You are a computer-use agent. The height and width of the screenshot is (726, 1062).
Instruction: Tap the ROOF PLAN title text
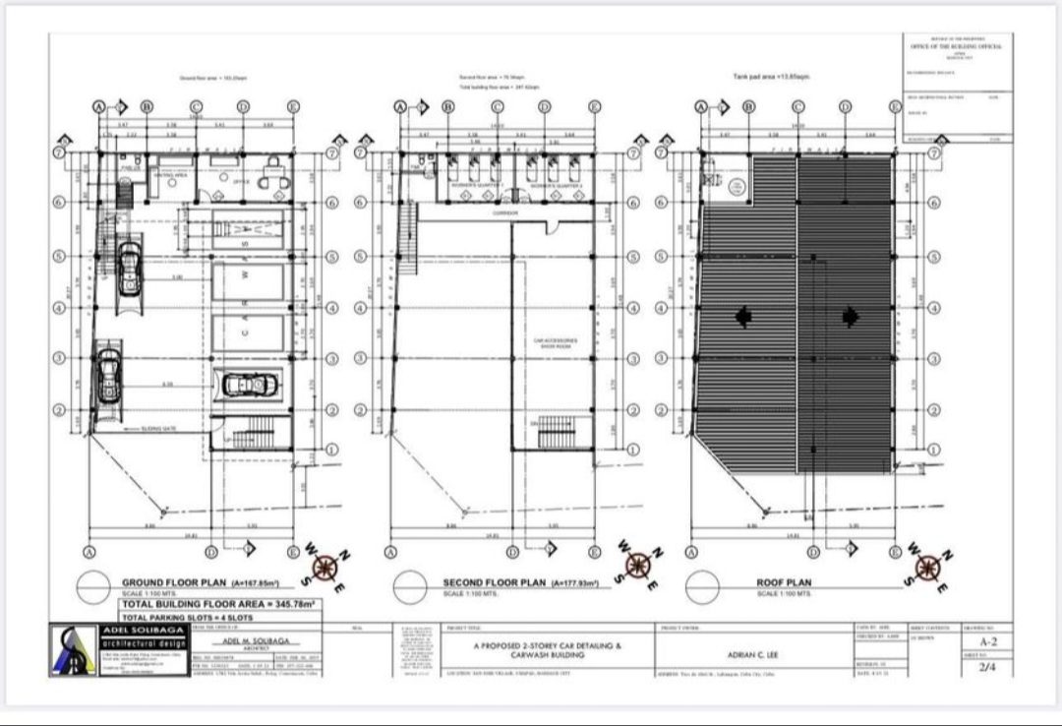(784, 582)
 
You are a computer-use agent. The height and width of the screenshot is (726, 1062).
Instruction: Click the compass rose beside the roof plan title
(925, 568)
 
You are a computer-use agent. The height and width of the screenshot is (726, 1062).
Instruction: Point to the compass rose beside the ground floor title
(326, 568)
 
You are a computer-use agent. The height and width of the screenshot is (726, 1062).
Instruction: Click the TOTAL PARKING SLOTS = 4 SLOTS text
(187, 617)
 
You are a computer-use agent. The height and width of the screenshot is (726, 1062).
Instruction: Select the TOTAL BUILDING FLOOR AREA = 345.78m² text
(217, 603)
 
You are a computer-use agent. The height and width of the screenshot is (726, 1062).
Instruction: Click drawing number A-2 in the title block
(987, 639)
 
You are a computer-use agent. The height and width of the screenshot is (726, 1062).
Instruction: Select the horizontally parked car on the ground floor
(250, 386)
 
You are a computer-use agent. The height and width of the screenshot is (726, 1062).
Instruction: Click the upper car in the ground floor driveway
(127, 269)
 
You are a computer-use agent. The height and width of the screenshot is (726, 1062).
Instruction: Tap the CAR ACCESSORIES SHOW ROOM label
(556, 343)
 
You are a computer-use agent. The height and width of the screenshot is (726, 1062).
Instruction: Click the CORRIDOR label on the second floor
(505, 212)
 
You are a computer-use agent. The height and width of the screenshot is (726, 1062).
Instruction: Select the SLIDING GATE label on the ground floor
(157, 429)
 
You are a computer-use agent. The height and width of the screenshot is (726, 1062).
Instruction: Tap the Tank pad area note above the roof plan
(771, 76)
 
